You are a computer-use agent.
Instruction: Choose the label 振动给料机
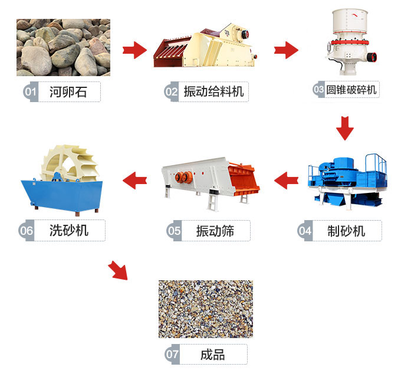point(213,91)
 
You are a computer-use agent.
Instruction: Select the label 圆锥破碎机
point(352,90)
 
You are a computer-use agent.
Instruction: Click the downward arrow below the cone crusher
point(344,127)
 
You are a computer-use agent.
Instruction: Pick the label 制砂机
point(346,230)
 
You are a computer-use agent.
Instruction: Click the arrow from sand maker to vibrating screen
point(287,179)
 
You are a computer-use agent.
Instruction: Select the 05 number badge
point(174,230)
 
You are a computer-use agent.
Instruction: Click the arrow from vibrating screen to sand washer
point(134,179)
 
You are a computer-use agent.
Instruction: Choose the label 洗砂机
point(70,230)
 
